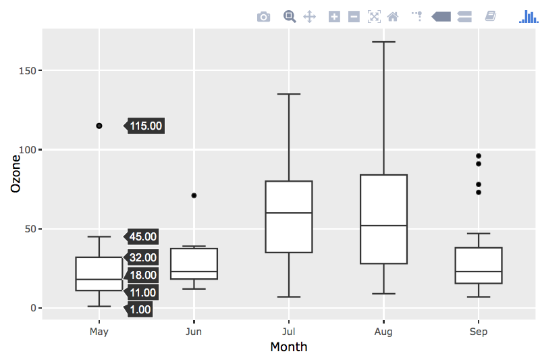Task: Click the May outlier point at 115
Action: (99, 126)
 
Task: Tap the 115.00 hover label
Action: (146, 126)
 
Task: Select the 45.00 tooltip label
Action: (143, 236)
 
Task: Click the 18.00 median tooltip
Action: (143, 275)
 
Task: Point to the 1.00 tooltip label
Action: (140, 309)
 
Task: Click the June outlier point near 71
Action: (194, 195)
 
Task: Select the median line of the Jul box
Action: (289, 213)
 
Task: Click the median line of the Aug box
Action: (383, 226)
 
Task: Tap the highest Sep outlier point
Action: (479, 156)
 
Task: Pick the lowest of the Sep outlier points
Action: (479, 192)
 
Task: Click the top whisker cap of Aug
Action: (383, 42)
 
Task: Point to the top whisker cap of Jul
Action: (289, 94)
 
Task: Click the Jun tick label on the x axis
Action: (194, 332)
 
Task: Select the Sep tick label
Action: (479, 332)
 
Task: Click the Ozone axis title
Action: (16, 174)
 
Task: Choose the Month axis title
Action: (289, 347)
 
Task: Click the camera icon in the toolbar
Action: (263, 16)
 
